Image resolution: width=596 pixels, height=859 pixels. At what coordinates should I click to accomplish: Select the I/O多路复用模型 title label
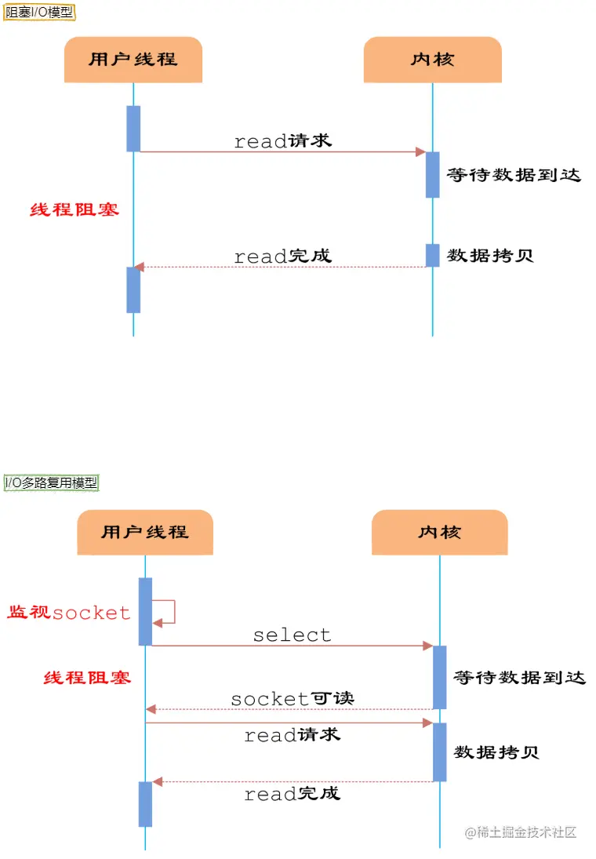point(52,482)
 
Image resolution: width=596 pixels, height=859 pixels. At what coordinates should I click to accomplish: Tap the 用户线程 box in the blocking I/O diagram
point(133,59)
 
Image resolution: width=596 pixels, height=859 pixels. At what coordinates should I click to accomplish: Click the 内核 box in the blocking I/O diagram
point(432,59)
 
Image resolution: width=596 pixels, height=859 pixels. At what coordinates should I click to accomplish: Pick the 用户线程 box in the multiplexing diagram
point(145,532)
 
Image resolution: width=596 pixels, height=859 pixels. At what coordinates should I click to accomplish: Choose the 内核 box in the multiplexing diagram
point(439,532)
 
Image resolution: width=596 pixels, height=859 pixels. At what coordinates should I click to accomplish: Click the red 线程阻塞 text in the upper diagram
point(74,209)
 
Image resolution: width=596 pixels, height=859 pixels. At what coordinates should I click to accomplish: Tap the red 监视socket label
point(69,613)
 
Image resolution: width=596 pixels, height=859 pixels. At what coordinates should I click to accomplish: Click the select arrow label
point(292,635)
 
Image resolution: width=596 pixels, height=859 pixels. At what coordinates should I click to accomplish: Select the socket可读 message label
point(292,698)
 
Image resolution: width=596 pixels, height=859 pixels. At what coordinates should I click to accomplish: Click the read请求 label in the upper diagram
point(282,141)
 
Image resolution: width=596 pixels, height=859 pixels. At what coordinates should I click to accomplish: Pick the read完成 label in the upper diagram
point(282,256)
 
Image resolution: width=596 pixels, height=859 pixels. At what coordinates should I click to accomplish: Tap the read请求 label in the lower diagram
point(292,736)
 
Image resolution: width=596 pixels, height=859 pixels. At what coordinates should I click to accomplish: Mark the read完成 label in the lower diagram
point(292,794)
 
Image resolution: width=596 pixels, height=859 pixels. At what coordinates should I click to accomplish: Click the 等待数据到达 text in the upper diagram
point(514,175)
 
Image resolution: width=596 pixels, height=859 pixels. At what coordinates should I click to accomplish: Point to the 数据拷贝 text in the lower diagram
point(496,752)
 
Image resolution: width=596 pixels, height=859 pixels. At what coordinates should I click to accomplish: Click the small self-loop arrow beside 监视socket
point(166,612)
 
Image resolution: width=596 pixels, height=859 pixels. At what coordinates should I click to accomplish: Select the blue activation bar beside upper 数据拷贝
point(432,255)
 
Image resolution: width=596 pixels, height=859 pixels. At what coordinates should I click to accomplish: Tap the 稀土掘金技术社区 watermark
point(521,832)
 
